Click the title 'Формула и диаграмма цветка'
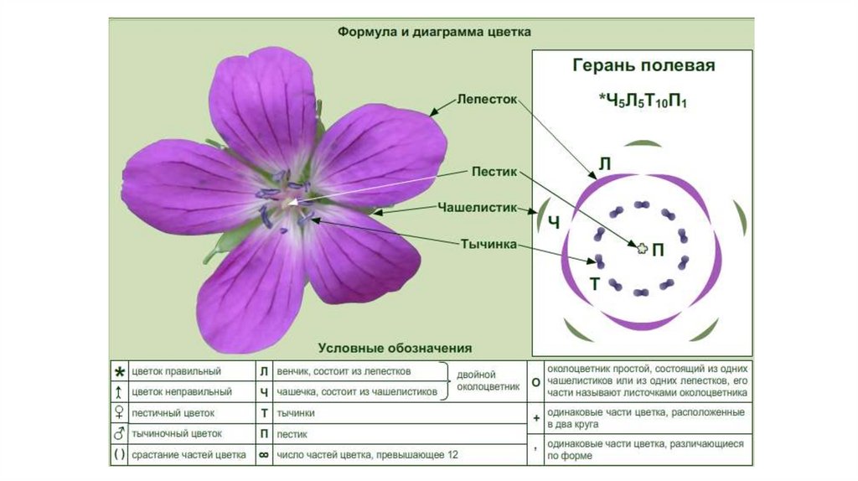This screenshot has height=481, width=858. [x=434, y=32]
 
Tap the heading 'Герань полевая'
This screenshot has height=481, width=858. [x=643, y=65]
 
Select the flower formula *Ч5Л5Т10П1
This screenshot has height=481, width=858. [x=643, y=100]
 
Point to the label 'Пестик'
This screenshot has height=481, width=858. [x=489, y=171]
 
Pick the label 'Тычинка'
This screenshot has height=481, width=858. [x=487, y=244]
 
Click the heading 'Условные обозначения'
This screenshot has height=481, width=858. [x=395, y=347]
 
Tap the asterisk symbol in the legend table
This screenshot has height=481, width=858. [x=120, y=371]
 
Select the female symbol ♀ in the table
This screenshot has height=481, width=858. [x=120, y=413]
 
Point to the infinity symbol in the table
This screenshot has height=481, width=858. [x=263, y=455]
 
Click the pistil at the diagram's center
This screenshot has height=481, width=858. [x=642, y=247]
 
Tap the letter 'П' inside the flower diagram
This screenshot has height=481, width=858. [x=659, y=249]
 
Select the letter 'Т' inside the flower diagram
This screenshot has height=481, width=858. [x=594, y=283]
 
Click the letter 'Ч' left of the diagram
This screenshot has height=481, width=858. [x=553, y=222]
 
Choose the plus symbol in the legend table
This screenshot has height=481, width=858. [x=535, y=416]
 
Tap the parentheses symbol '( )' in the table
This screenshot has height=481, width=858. [x=120, y=455]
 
